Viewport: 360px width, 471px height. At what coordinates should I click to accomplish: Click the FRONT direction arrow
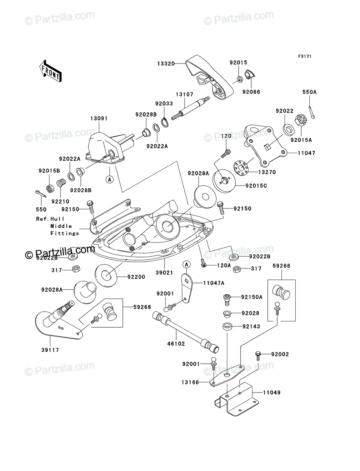tap(50, 71)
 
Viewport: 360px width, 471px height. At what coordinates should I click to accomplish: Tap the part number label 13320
tap(166, 64)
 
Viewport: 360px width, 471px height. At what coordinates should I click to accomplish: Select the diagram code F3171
tap(305, 56)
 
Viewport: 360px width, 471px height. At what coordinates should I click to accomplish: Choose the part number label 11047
tap(306, 153)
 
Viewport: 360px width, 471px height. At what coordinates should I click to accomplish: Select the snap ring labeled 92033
tap(164, 122)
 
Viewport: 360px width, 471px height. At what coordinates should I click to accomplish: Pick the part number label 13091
tap(99, 119)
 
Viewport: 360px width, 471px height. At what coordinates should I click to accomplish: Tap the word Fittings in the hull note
tap(65, 233)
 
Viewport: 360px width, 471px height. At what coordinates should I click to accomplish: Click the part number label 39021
tap(164, 272)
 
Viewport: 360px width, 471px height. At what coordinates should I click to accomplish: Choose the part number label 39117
tap(50, 350)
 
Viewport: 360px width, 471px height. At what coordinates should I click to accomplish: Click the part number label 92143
tap(251, 326)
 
